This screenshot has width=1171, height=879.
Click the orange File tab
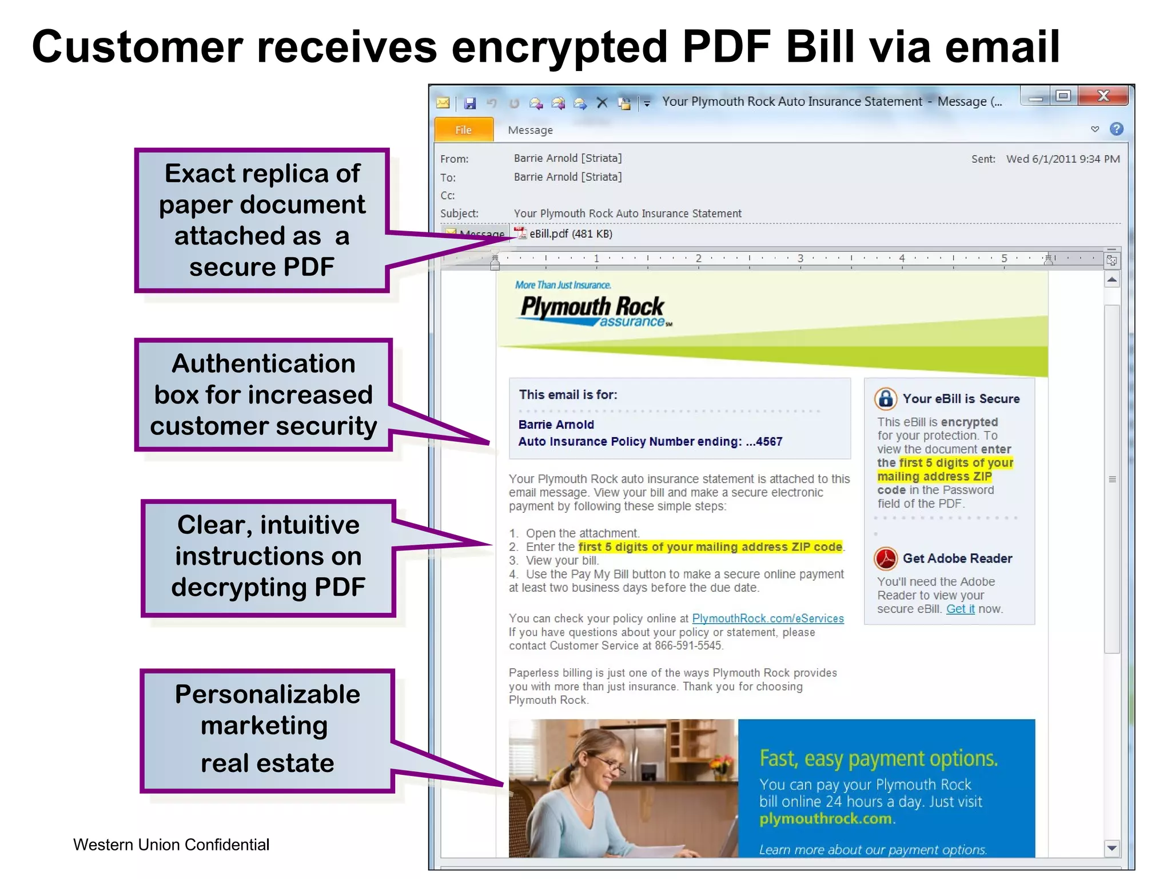(x=464, y=130)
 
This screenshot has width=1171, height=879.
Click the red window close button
(x=1103, y=96)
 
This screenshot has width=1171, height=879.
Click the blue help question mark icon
(x=1116, y=129)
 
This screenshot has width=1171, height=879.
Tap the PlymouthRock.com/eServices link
(x=767, y=619)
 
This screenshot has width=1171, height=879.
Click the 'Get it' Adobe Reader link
(x=960, y=609)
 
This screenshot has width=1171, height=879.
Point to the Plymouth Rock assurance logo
(x=593, y=310)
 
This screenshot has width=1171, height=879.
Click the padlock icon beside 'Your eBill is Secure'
(x=886, y=398)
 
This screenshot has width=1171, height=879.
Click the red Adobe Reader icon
(x=886, y=558)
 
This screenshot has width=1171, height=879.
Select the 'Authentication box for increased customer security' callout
(x=264, y=395)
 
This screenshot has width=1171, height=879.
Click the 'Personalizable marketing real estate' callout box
(x=267, y=729)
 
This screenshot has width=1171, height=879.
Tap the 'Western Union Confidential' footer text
(x=171, y=845)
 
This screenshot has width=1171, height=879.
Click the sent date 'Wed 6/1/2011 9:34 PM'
(x=1062, y=159)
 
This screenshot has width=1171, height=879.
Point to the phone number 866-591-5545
(x=688, y=646)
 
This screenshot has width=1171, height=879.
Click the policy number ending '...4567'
(x=764, y=442)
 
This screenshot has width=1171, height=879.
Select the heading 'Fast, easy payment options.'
(x=878, y=758)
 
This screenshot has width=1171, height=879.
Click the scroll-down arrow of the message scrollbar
(x=1112, y=848)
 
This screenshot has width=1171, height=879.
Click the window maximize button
(x=1063, y=96)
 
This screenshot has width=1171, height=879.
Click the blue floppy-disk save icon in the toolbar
(x=470, y=103)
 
